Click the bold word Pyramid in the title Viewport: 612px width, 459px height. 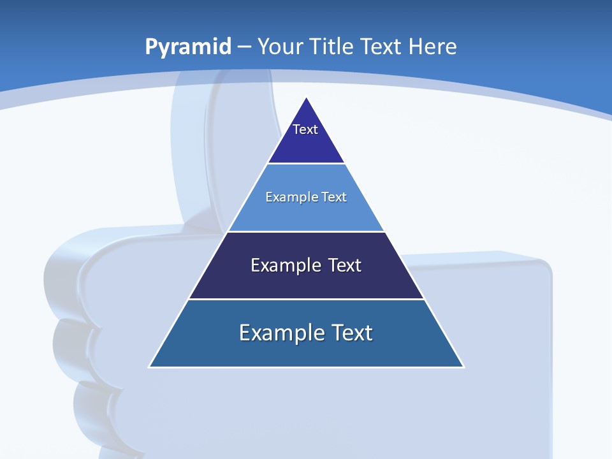tap(187, 47)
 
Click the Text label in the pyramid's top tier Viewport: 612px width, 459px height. tap(305, 129)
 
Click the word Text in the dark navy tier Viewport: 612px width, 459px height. tap(346, 265)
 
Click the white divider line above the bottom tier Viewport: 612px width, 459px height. tap(306, 299)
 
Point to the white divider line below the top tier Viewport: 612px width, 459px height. tap(306, 164)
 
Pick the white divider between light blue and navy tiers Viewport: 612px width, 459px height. tap(306, 231)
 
